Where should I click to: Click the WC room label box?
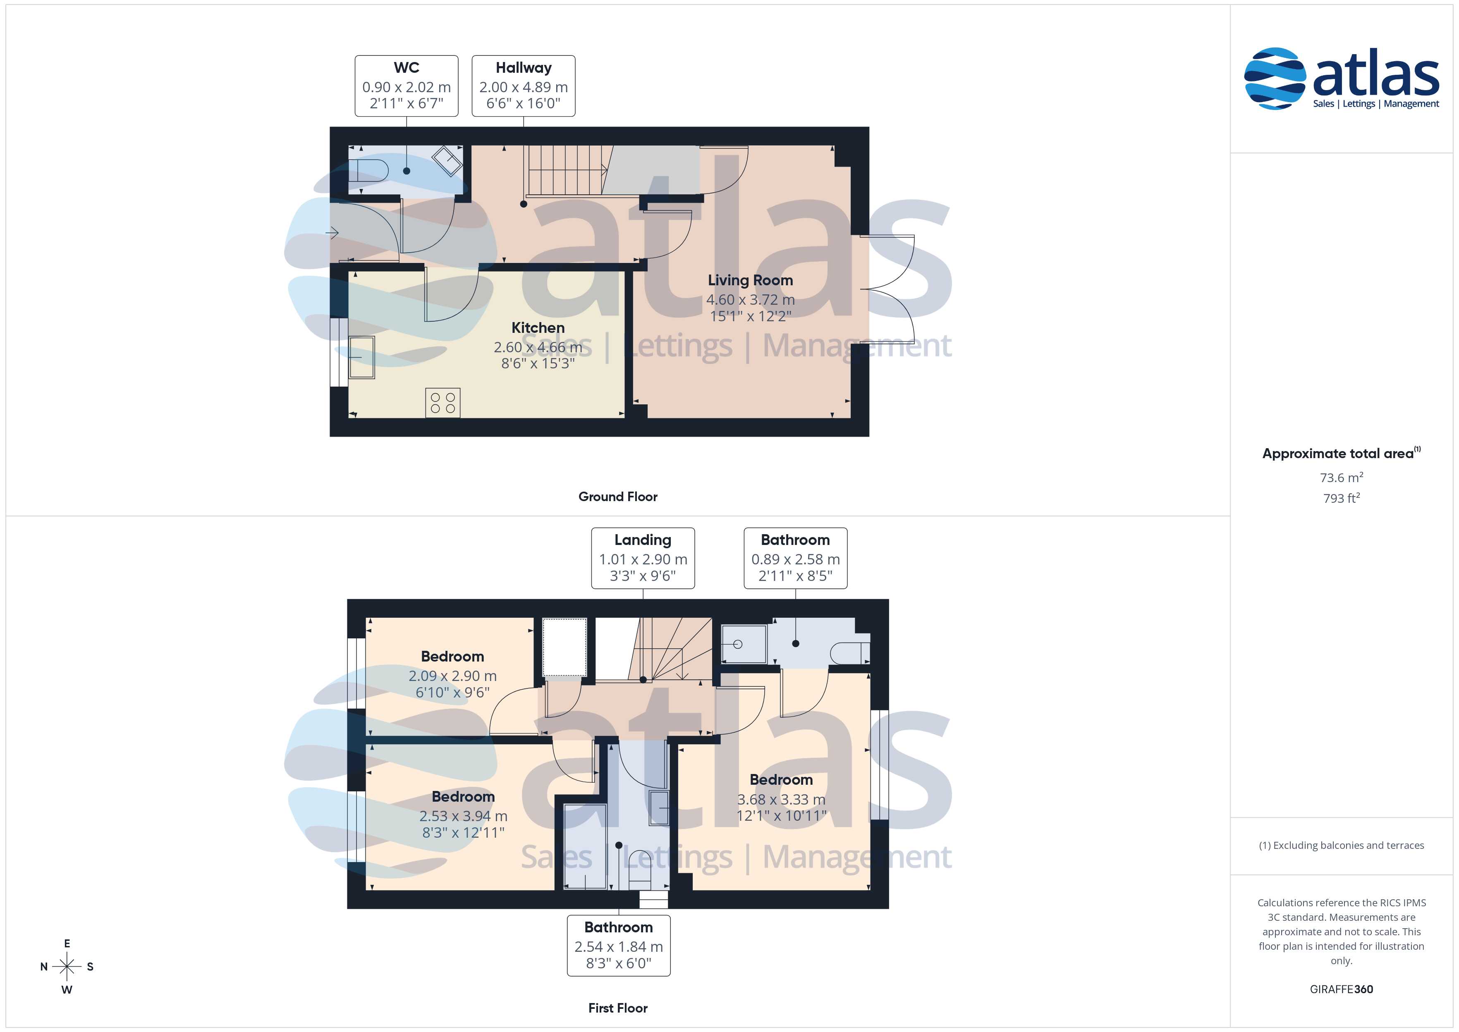[407, 86]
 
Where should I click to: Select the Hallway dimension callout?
[524, 86]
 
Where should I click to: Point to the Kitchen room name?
[538, 328]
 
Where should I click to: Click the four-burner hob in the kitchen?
[443, 403]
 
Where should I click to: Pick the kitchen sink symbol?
[361, 358]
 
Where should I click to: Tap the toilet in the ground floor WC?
[368, 170]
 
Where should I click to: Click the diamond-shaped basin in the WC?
[447, 161]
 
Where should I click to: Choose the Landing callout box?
[643, 558]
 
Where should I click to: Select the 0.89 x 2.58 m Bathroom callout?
[796, 558]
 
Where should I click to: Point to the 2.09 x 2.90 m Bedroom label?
[452, 675]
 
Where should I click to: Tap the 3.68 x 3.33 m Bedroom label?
[782, 798]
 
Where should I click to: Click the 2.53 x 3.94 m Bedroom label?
[463, 815]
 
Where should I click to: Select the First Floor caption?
[618, 1008]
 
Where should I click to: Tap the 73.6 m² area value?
[1342, 477]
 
